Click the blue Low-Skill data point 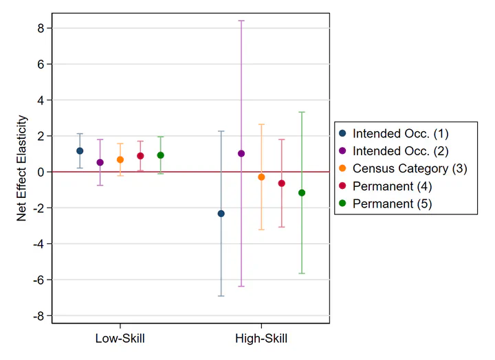coord(80,150)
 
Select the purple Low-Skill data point coord(100,162)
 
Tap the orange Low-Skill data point coord(120,159)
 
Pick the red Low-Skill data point coord(140,156)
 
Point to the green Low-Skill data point coord(160,155)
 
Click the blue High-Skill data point coord(221,214)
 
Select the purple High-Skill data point coord(241,153)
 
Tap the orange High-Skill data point coord(261,177)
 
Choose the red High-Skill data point coord(281,183)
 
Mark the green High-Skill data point coord(302,193)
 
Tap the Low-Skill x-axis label coord(120,338)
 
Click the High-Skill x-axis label coord(261,338)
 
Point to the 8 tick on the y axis coord(41,28)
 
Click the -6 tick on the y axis coord(39,280)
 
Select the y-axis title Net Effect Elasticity coord(21,168)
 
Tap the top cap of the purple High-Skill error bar coord(241,21)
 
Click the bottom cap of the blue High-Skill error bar coord(221,295)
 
